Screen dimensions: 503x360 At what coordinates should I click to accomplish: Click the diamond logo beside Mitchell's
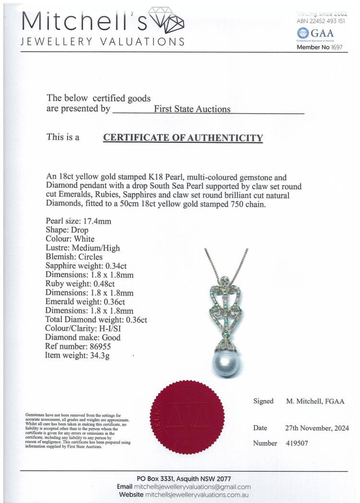[166, 20]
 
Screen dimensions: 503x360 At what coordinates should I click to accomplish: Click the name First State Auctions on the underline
[192, 109]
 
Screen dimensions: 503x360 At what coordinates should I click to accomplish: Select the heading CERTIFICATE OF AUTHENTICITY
[183, 138]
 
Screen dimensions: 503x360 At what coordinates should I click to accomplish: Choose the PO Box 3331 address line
[184, 479]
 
